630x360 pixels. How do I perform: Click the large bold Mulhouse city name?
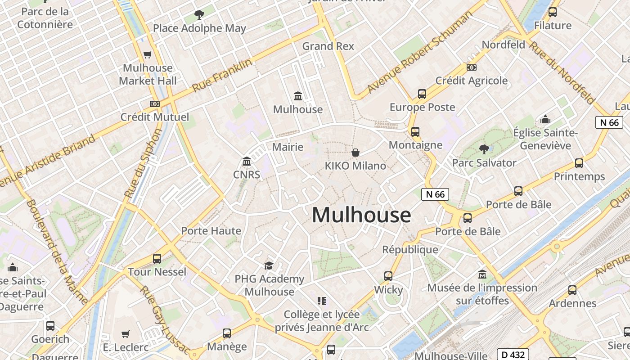[361, 215]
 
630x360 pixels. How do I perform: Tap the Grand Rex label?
[328, 46]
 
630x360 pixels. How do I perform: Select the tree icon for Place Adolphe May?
[199, 15]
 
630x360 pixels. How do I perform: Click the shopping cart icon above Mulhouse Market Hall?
[147, 54]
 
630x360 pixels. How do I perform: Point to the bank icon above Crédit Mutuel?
[155, 103]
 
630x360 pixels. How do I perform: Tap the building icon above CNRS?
[247, 161]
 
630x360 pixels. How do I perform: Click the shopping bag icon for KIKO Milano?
[355, 153]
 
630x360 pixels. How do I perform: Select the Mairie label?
[288, 147]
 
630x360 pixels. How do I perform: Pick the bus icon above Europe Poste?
[422, 94]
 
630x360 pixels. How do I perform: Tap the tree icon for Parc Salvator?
[484, 148]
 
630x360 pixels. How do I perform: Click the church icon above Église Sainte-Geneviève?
[545, 119]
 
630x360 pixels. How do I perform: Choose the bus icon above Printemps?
[579, 163]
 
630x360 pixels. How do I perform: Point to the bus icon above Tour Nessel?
[157, 258]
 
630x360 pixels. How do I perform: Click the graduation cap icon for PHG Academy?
[269, 265]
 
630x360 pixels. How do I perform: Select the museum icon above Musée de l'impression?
[482, 274]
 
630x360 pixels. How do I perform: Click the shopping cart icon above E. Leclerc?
[126, 334]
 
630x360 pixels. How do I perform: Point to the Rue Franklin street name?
[222, 75]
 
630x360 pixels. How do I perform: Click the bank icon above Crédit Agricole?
[472, 67]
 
